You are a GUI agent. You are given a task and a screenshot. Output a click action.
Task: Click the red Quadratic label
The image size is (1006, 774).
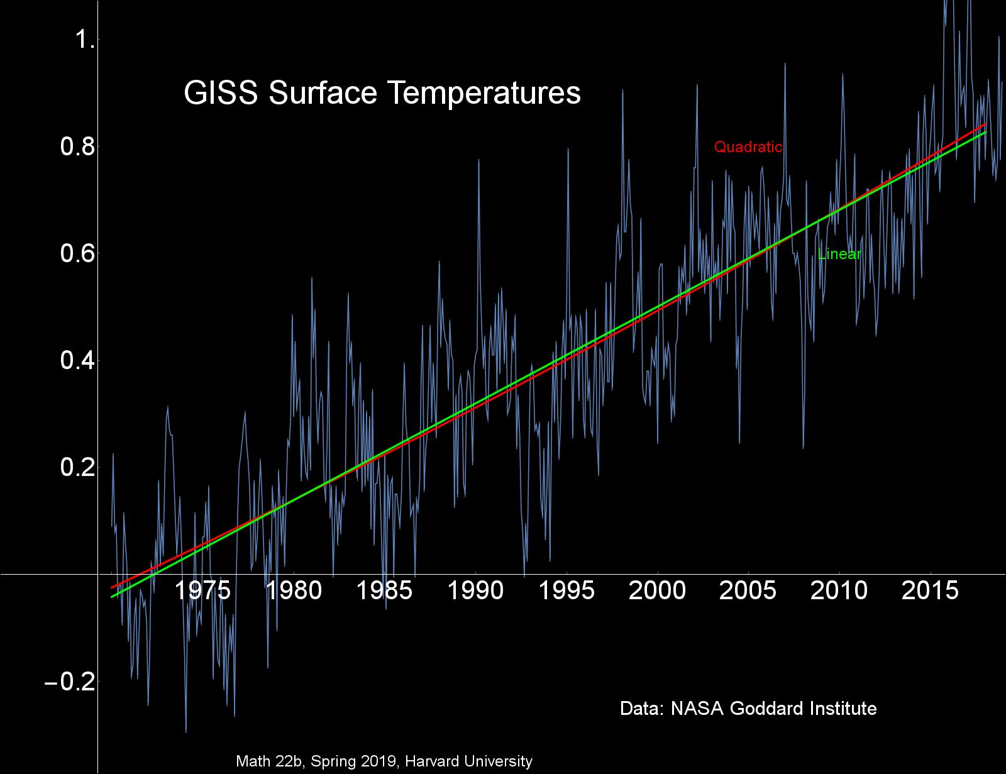[x=748, y=147]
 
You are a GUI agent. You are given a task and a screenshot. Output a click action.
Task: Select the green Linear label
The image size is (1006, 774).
[x=839, y=254]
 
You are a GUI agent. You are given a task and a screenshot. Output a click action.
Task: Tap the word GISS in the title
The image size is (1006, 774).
[x=221, y=93]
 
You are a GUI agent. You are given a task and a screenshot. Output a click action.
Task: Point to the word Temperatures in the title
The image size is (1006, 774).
[x=484, y=93]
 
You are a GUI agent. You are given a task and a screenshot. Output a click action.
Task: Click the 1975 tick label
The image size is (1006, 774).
[x=202, y=591]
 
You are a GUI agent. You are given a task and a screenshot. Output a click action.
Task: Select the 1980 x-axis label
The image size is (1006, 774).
[x=294, y=591]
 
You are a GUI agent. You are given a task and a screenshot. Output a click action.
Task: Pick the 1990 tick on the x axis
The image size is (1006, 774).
[x=475, y=591]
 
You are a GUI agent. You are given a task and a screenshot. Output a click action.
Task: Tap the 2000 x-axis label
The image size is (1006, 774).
[x=657, y=591]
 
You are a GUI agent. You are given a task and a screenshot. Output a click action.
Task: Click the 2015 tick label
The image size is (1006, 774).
[x=930, y=591]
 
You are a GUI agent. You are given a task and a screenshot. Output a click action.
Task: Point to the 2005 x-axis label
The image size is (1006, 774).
[x=748, y=591]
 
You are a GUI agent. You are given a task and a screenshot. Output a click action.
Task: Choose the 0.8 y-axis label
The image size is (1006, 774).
[x=77, y=147]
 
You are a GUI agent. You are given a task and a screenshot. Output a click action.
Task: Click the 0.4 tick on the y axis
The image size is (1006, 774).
[x=77, y=361]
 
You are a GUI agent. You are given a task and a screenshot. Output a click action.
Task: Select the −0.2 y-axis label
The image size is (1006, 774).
[x=70, y=682]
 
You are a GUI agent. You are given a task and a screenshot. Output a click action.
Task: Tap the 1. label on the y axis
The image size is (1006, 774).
[x=86, y=40]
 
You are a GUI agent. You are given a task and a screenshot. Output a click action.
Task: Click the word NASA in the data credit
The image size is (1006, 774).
[x=698, y=709]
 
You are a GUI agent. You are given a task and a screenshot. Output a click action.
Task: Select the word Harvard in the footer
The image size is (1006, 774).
[x=433, y=761]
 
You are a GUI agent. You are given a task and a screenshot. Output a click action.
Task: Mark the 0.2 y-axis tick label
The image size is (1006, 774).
[x=77, y=468]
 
